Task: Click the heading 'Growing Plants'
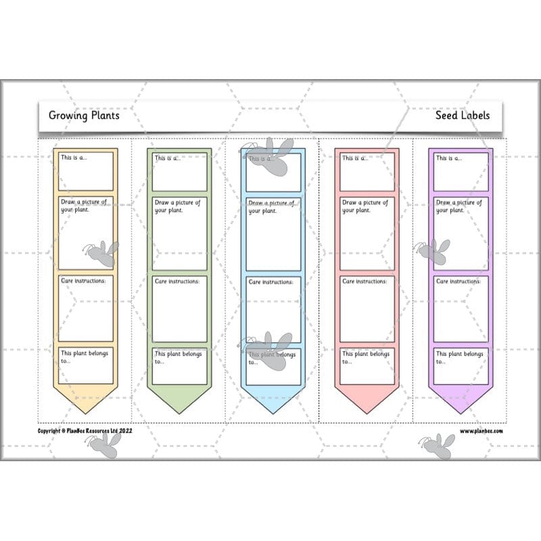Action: coord(84,115)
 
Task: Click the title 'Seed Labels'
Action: coord(463,115)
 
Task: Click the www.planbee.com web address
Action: coord(481,431)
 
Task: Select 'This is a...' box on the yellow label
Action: coord(86,172)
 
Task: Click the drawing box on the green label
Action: coord(179,233)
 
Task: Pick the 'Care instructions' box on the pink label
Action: coord(367,308)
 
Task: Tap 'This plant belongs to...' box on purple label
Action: coord(461,366)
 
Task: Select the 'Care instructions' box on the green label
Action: coord(179,308)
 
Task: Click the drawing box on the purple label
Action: coord(461,233)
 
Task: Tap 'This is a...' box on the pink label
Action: coord(367,172)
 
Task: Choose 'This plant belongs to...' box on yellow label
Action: coord(86,366)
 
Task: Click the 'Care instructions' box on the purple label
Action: coord(461,308)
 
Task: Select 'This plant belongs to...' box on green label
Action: coord(179,366)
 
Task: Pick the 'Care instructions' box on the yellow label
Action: coord(86,308)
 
